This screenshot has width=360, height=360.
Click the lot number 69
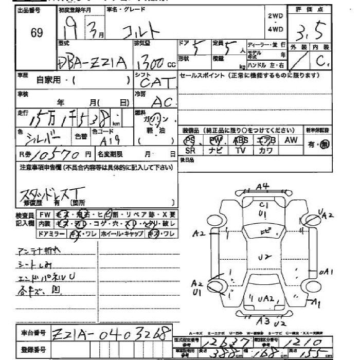coord(37,33)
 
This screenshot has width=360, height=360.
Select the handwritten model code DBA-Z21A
coord(91,62)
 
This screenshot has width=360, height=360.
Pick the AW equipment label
coord(291,140)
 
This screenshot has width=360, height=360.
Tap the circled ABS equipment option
coord(240,140)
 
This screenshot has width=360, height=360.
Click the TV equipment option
coord(240,151)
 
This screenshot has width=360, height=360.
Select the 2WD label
coord(276,16)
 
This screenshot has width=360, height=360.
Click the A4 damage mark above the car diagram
coord(263,187)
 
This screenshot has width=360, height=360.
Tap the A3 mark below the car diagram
coord(263,321)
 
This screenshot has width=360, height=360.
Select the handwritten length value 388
coord(212,354)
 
